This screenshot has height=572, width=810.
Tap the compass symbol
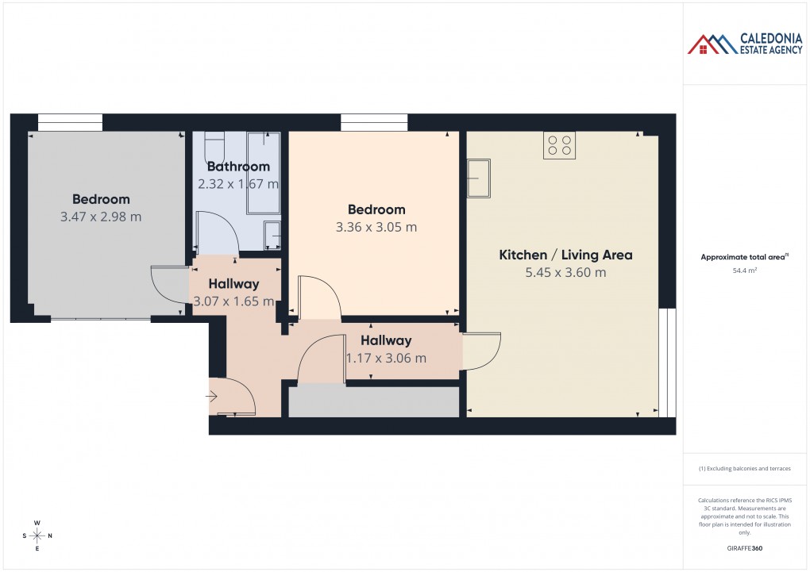37,536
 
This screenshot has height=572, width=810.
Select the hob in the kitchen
559,145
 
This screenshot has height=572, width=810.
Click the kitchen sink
479,178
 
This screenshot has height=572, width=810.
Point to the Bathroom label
238,167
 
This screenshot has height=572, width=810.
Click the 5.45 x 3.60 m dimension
565,273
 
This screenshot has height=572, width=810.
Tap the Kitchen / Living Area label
565,255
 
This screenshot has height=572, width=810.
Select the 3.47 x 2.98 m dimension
101,217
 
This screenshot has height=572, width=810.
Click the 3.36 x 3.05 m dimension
376,227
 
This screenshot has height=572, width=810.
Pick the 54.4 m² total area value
744,271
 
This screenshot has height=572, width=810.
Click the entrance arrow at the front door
213,395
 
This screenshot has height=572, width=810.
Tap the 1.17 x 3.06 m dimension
386,358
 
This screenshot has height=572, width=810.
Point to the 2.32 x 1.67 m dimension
238,184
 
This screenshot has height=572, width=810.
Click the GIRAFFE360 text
744,548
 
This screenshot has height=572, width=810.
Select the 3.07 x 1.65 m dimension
233,301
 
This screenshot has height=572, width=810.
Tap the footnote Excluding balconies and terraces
744,468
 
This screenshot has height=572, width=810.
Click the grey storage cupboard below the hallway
374,401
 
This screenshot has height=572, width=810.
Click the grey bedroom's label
101,199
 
